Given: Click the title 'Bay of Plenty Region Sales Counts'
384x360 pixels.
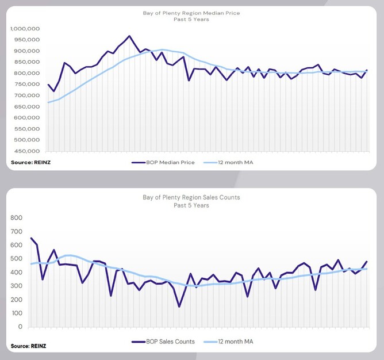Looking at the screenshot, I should (191, 197).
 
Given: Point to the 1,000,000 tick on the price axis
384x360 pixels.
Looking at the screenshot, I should (24, 29).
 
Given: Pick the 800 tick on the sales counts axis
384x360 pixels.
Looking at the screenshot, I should (16, 218).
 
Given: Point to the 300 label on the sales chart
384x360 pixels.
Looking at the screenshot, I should (16, 286).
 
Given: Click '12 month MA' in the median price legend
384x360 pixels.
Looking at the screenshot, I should (236, 163).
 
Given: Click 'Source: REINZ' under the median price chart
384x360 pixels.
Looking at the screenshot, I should (28, 163).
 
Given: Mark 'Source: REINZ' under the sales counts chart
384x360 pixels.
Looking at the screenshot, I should (28, 346).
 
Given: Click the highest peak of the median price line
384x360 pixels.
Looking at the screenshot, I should (129, 36).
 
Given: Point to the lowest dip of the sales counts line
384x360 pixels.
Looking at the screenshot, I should (179, 307).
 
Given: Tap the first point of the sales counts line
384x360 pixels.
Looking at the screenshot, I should (31, 238).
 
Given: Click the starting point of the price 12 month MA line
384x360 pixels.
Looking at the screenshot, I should (48, 102).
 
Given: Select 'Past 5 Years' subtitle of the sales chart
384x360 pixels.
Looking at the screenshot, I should (191, 205).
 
